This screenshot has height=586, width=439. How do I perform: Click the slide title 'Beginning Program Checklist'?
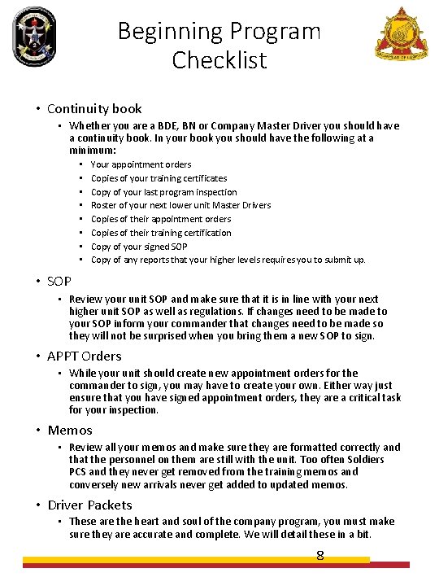(x=219, y=45)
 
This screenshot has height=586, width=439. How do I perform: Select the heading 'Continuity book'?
(x=94, y=108)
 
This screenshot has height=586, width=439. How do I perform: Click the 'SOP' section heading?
(x=59, y=281)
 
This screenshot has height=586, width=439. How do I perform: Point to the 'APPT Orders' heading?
(x=85, y=356)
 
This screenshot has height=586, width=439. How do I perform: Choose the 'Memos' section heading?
(x=70, y=430)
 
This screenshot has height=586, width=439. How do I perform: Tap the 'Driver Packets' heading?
(x=89, y=505)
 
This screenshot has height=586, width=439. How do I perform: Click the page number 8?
(x=320, y=556)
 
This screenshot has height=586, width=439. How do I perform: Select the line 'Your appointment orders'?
(x=141, y=164)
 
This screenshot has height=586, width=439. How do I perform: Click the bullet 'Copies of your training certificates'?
(x=159, y=178)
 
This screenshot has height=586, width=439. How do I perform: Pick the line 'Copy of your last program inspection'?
(x=163, y=192)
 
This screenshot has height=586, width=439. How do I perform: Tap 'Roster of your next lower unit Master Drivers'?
(x=180, y=205)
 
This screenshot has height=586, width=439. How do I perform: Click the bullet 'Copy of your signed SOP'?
(x=139, y=247)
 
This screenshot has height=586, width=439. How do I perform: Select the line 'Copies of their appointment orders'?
(x=161, y=219)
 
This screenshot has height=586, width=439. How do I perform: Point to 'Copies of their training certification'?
(x=161, y=233)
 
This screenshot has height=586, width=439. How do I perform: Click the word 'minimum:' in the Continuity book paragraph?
(x=93, y=151)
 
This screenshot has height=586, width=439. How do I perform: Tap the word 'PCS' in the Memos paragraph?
(x=78, y=472)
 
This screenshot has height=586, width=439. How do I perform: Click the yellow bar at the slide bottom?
(x=195, y=560)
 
